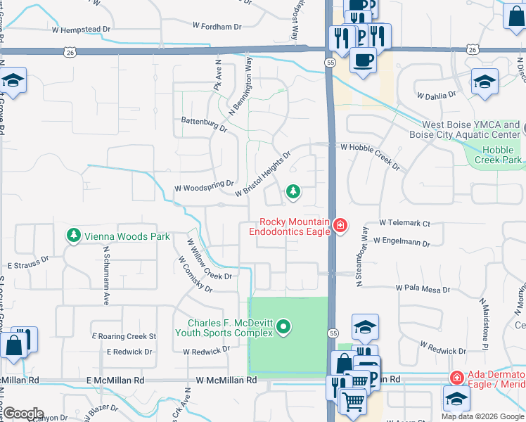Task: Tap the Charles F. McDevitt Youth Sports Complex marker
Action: pos(283,326)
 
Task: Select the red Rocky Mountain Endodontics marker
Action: pos(340,225)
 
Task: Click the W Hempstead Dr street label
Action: pos(81,29)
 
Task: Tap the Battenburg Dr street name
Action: pos(204,124)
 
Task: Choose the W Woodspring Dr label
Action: pos(203,186)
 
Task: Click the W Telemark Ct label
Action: pos(404,223)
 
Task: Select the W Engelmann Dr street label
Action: pos(402,242)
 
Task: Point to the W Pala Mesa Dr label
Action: pos(422,288)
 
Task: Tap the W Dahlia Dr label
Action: pos(436,94)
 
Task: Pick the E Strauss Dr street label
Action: pos(28,267)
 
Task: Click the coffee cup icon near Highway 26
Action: pos(363,60)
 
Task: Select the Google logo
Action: pos(23,413)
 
